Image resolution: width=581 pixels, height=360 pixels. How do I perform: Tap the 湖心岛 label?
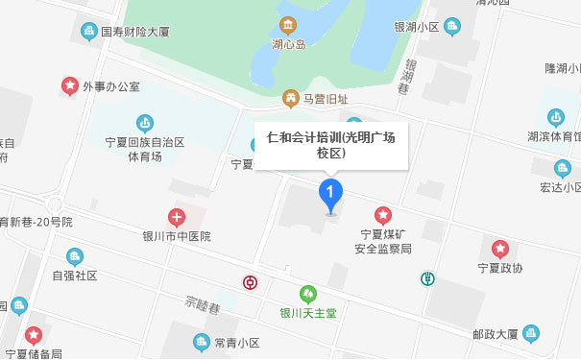(287, 43)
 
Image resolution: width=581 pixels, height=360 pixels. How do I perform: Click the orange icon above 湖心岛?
(287, 24)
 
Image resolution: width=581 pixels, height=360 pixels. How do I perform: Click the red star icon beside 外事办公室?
(70, 86)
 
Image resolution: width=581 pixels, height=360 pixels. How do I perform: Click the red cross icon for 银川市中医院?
(177, 217)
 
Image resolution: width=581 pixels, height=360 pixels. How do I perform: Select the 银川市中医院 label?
(177, 236)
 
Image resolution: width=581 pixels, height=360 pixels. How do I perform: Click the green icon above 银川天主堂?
(308, 292)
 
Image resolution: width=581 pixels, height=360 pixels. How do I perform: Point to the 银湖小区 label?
(415, 26)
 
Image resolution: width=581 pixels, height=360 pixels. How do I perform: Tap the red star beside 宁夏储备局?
(34, 335)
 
